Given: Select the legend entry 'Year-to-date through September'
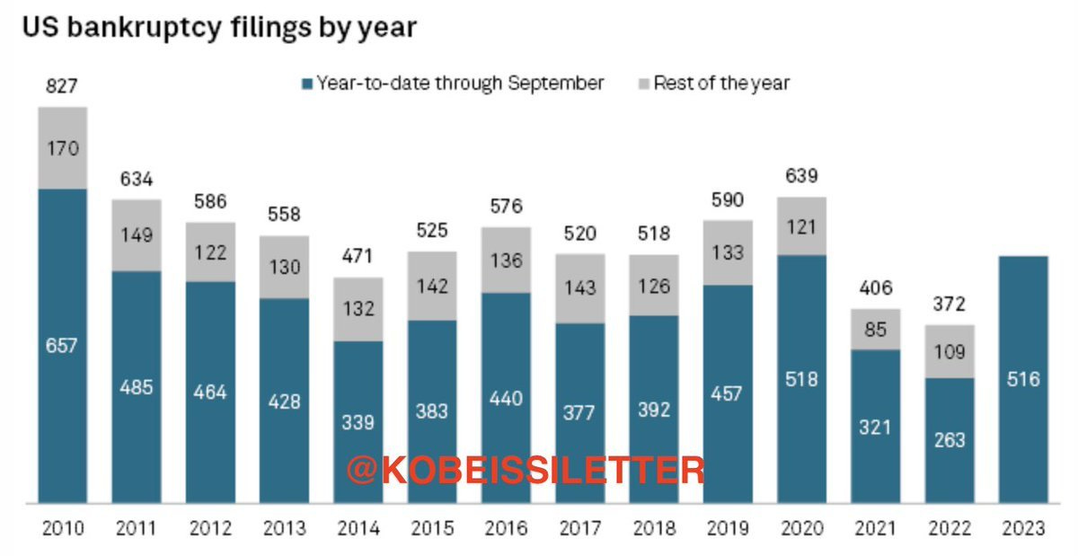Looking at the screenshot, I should pyautogui.click(x=454, y=84).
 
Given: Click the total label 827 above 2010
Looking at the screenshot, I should pyautogui.click(x=63, y=86).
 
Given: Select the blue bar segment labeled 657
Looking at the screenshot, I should pyautogui.click(x=63, y=346).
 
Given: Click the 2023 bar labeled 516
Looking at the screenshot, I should pyautogui.click(x=1023, y=379).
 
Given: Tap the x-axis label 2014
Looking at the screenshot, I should pyautogui.click(x=358, y=529).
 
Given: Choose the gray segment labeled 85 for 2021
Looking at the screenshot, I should pyautogui.click(x=876, y=331).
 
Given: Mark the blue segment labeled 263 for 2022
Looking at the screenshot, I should pyautogui.click(x=950, y=439).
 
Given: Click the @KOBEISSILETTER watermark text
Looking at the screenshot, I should pyautogui.click(x=526, y=469).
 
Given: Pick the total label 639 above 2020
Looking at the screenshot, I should pyautogui.click(x=801, y=176).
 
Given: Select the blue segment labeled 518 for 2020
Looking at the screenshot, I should pyautogui.click(x=801, y=379).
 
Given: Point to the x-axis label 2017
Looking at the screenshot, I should pyautogui.click(x=580, y=529).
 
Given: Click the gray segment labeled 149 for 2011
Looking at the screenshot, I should pyautogui.click(x=137, y=234).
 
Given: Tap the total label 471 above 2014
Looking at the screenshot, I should pyautogui.click(x=358, y=257).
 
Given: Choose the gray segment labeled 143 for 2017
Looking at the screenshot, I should pyautogui.click(x=580, y=288).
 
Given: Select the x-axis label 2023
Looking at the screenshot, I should pyautogui.click(x=1023, y=529).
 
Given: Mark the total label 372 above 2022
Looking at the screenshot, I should pyautogui.click(x=950, y=304).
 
